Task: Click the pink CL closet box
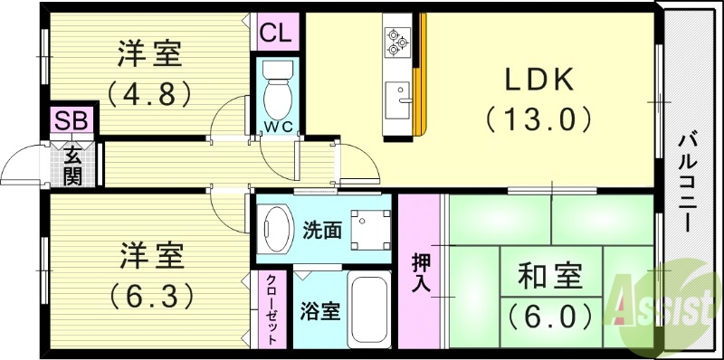click(x=275, y=33)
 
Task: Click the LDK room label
click(x=539, y=81)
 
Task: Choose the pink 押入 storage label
click(x=422, y=270)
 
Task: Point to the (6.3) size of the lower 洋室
click(x=151, y=295)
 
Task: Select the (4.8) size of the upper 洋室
click(x=151, y=92)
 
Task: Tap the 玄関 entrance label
click(x=71, y=164)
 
